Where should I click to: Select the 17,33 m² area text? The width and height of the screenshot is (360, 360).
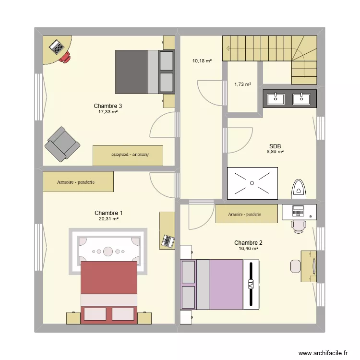coord(108,111)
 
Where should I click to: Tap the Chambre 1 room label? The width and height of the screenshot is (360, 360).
coord(108,213)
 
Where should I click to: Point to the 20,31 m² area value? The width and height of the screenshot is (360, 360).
coord(108,218)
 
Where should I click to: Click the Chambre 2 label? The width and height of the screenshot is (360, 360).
coord(248,243)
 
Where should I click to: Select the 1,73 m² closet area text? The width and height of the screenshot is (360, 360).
coord(242,84)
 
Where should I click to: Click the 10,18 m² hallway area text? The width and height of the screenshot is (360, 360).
coord(202,61)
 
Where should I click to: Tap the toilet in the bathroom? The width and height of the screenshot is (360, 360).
coord(299,189)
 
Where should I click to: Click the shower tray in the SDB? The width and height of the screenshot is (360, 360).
coord(252,182)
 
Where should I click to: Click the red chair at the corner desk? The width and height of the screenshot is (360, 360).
coord(65,58)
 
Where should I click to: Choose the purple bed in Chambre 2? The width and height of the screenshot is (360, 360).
coord(219,284)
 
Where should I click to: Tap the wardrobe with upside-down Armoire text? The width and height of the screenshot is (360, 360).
coord(128,155)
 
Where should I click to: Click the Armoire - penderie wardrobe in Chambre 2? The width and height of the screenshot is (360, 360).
coord(247,214)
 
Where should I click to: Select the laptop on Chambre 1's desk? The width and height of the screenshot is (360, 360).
coord(168,240)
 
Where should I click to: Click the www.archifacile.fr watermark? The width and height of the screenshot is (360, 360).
coord(323,353)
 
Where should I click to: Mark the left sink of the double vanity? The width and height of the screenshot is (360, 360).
coord(276,98)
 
